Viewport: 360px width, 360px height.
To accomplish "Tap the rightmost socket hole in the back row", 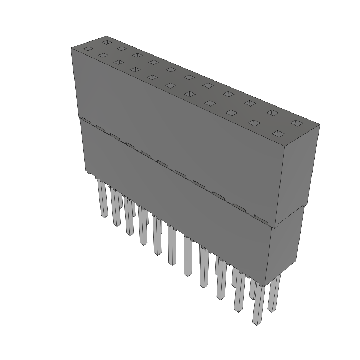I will [x=297, y=123].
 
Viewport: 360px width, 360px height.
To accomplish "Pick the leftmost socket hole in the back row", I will [x=106, y=42].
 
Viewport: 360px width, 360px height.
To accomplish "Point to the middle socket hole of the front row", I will [x=171, y=85].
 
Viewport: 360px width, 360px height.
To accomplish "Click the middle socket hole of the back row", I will [x=189, y=77].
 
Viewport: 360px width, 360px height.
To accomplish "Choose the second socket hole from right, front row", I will [x=254, y=123].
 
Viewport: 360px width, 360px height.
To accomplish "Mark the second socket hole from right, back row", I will [x=272, y=112].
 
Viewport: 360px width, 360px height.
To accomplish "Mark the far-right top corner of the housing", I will [x=320, y=124].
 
